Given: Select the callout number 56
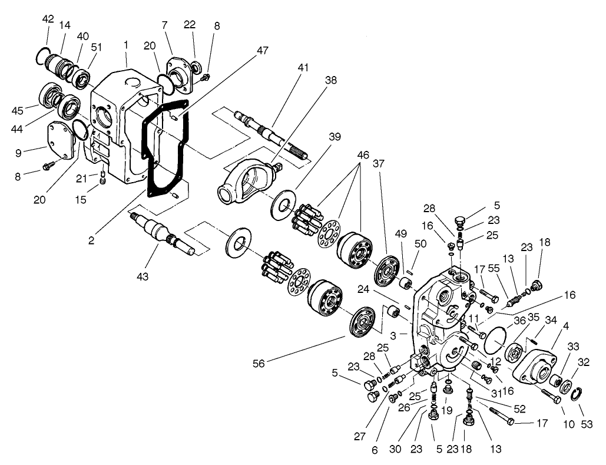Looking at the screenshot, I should (260, 364).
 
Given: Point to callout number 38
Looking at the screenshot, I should (331, 81).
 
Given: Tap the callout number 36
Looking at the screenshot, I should (519, 320).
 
